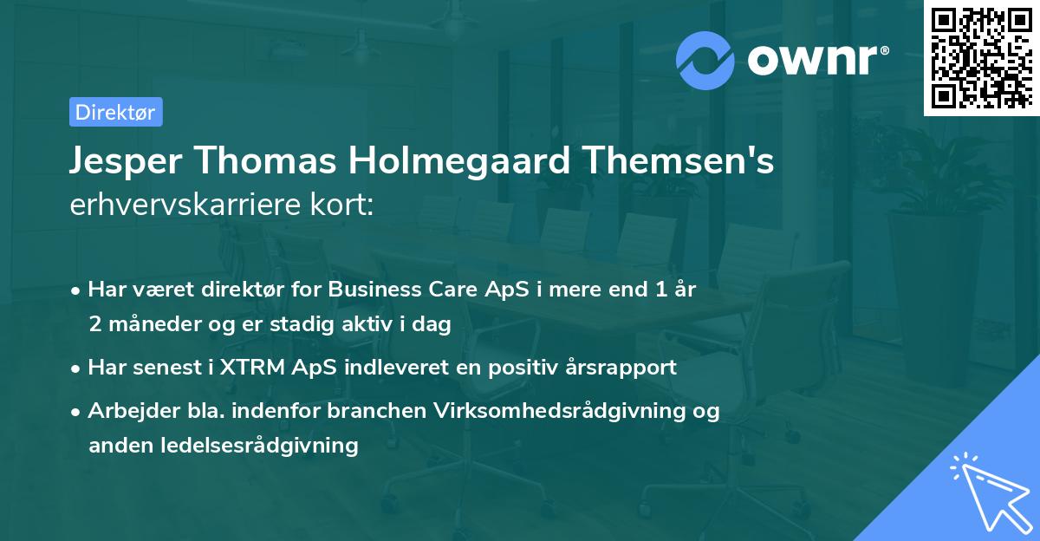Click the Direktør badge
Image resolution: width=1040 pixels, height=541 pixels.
pos(115,112)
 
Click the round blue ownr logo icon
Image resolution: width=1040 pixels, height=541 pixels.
pos(705,60)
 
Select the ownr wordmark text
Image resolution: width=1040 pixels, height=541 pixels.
pos(815,60)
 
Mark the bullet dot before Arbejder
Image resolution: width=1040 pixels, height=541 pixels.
pos(77,412)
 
